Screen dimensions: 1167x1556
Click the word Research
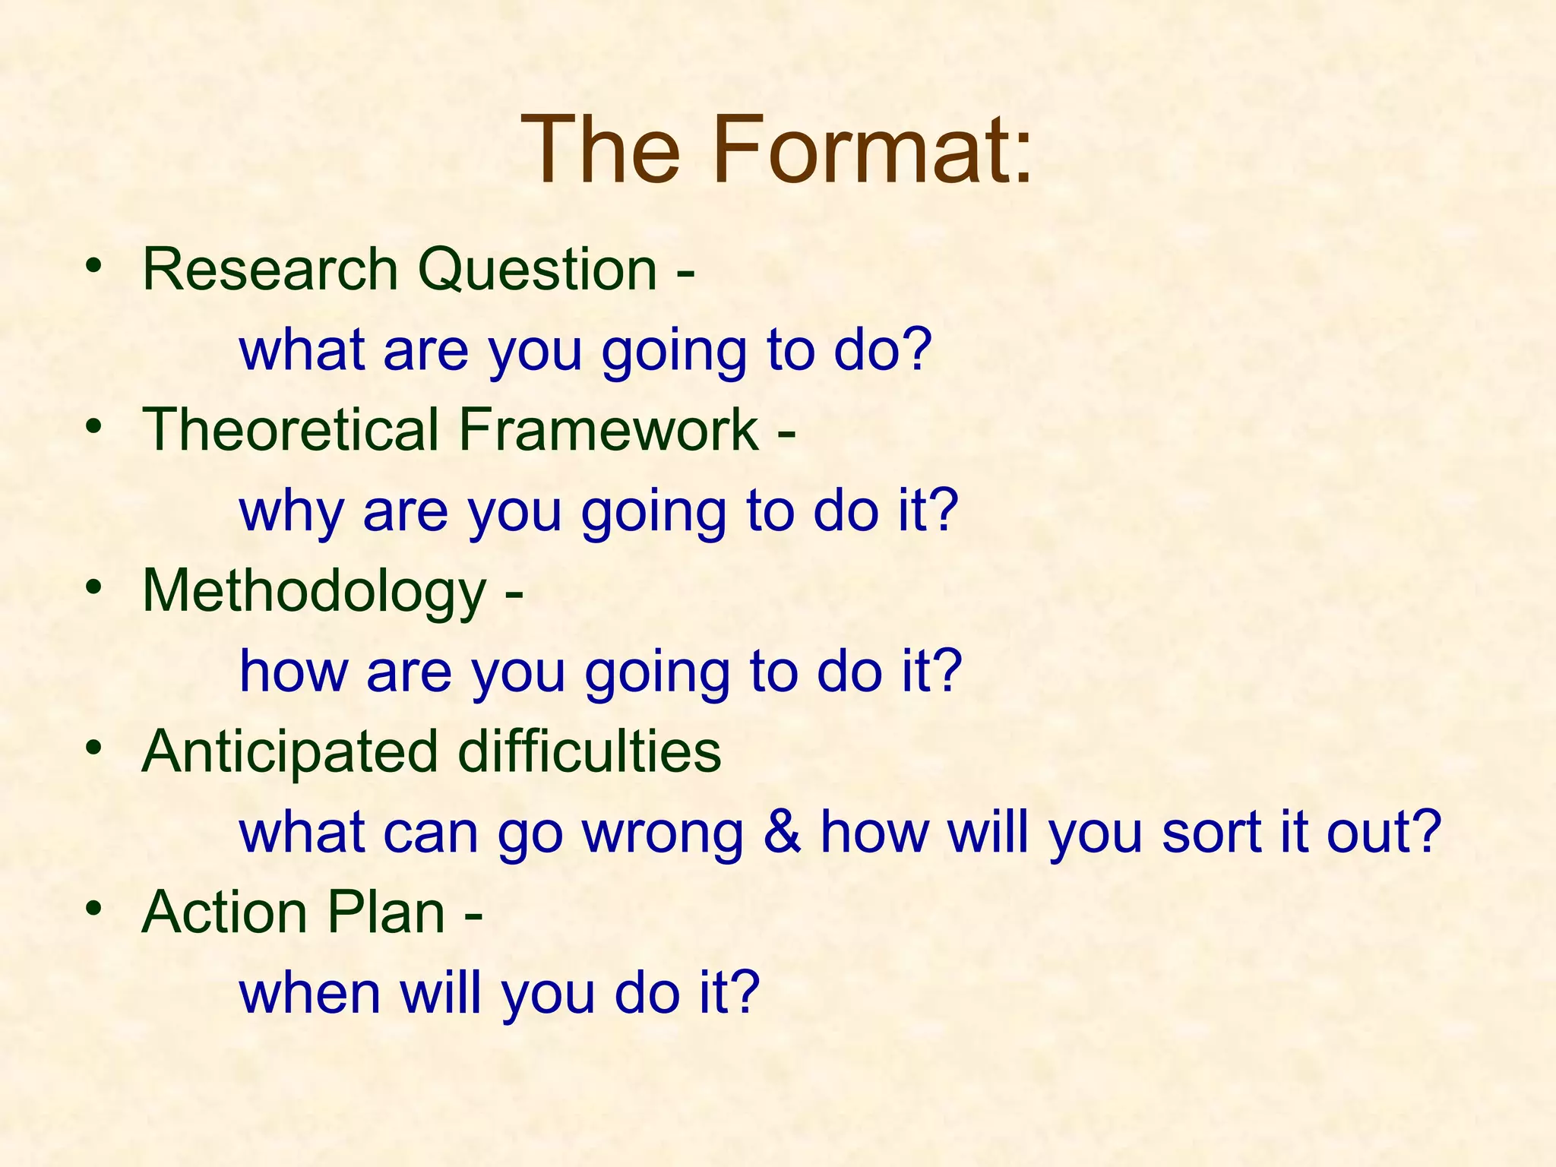(270, 269)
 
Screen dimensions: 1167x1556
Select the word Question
(538, 270)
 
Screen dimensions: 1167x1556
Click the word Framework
(609, 429)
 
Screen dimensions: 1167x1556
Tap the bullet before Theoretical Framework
(93, 426)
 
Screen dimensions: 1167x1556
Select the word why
(292, 512)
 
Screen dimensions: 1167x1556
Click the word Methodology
(314, 592)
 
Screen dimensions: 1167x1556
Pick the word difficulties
(590, 751)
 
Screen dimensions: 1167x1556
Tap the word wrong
(663, 833)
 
